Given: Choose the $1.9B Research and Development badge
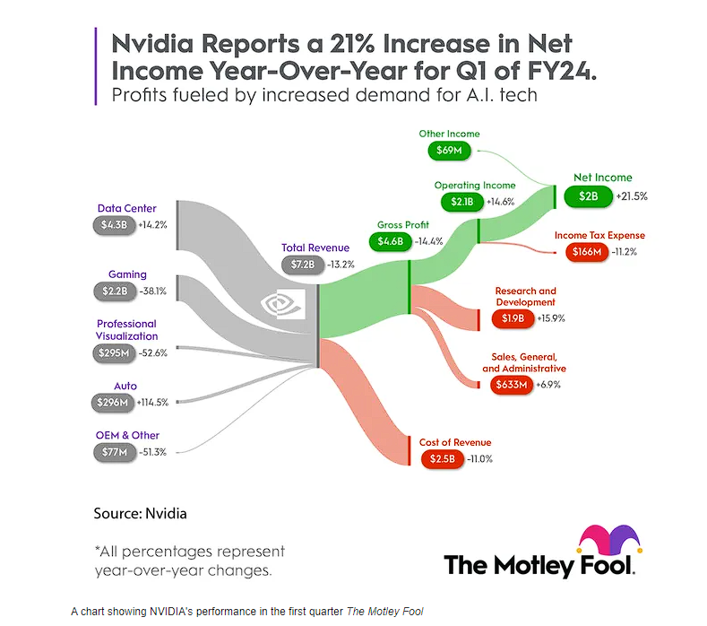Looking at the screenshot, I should click(x=512, y=318).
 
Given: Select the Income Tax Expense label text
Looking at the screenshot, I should click(x=599, y=235).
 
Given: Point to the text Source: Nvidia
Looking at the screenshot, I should click(x=141, y=514).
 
